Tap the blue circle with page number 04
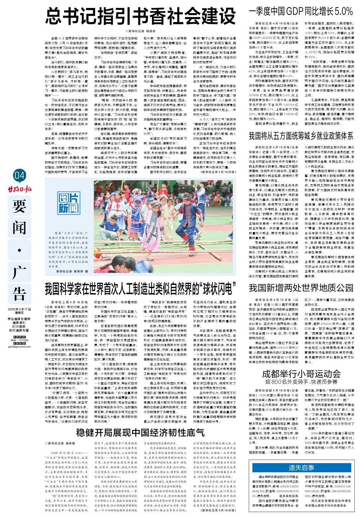[20, 175]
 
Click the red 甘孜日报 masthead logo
[19, 187]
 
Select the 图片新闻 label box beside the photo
[69, 203]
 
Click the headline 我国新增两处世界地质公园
[301, 288]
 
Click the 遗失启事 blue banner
[301, 468]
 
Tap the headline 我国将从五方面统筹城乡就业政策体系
[301, 136]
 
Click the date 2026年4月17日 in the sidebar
[19, 309]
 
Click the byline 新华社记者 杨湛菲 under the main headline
[140, 31]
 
